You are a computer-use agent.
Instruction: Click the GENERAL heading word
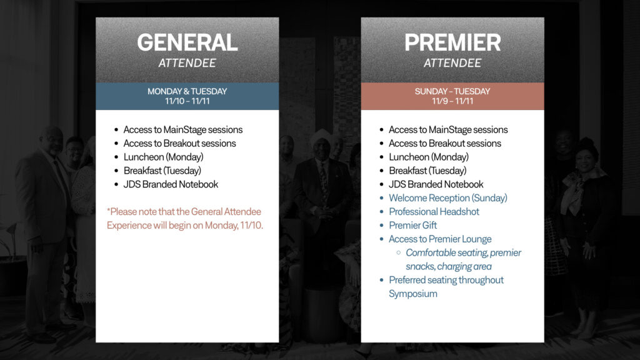tap(187, 42)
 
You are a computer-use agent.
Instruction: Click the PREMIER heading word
tap(452, 42)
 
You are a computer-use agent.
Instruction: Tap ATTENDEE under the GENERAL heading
tap(187, 63)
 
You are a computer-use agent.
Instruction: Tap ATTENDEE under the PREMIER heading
tap(452, 63)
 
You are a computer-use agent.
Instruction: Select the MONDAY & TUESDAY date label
tap(187, 91)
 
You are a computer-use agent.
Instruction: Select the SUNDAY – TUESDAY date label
tap(452, 91)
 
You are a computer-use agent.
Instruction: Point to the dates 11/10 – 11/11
tap(187, 101)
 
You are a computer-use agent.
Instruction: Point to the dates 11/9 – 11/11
tap(452, 101)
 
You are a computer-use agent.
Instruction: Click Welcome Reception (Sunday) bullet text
tap(447, 198)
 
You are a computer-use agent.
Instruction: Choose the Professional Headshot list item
tap(434, 211)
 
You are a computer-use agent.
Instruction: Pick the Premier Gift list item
tap(412, 225)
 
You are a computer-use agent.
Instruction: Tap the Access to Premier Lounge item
tap(440, 239)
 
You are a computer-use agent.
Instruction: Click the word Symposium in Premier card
tap(412, 294)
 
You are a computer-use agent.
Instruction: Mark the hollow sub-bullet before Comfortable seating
tap(398, 253)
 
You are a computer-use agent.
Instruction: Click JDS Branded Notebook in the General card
tap(171, 184)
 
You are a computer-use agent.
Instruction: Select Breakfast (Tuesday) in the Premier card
tap(427, 171)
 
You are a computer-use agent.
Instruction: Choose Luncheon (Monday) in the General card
tap(163, 157)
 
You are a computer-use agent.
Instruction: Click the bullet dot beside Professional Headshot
tap(382, 212)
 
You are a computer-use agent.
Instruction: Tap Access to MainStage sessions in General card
tap(183, 130)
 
